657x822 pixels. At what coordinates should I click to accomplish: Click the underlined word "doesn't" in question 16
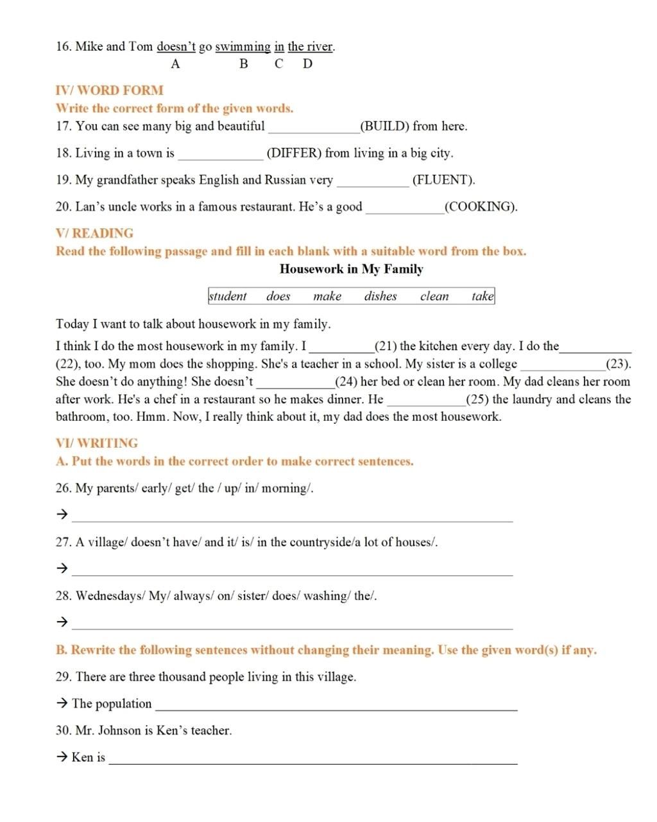[x=176, y=47]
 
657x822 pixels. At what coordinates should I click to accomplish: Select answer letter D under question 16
[x=307, y=64]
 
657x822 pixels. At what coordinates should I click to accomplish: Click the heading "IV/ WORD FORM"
[x=110, y=91]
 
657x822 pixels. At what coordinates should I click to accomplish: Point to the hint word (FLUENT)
[x=443, y=180]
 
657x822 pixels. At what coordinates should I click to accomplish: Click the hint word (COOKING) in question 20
[x=481, y=207]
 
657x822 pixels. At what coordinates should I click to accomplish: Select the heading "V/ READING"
[x=95, y=233]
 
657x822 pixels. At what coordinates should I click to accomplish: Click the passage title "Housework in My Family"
[x=351, y=269]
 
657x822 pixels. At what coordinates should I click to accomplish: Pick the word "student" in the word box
[x=228, y=296]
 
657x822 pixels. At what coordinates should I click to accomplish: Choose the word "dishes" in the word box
[x=380, y=296]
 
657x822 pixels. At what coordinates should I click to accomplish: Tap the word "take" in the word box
[x=482, y=296]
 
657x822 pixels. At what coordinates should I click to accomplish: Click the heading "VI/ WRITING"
[x=97, y=443]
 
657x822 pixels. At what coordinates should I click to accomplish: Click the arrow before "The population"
[x=62, y=704]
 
